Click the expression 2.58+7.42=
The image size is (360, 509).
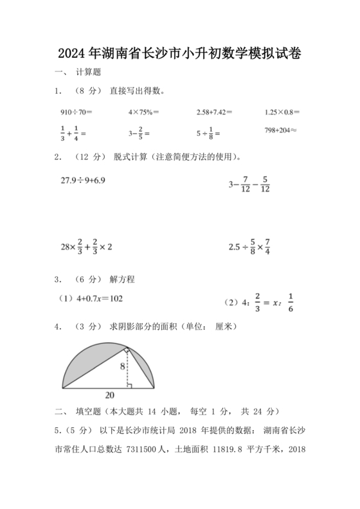214,112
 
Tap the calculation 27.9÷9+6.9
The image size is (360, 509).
83,180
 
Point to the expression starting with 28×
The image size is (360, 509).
86,246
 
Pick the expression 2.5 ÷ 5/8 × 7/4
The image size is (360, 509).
251,246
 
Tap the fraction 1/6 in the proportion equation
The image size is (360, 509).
290,301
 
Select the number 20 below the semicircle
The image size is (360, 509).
110,395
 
